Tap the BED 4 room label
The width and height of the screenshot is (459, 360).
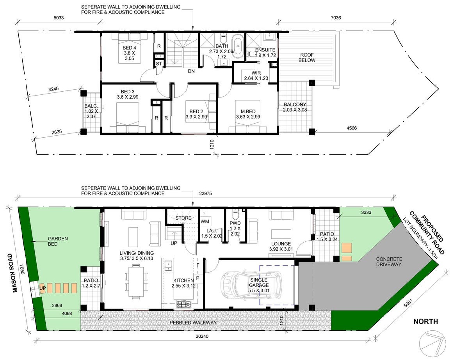pyautogui.click(x=129, y=48)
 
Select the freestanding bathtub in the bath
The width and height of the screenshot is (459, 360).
pyautogui.click(x=238, y=46)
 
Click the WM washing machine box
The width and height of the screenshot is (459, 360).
pyautogui.click(x=205, y=222)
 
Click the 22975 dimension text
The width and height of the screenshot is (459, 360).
pyautogui.click(x=205, y=193)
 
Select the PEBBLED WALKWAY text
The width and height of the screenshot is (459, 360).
pyautogui.click(x=193, y=323)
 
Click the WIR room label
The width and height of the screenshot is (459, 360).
pyautogui.click(x=256, y=73)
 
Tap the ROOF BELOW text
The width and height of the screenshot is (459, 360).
pyautogui.click(x=307, y=58)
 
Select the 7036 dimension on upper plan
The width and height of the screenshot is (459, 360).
pyautogui.click(x=336, y=18)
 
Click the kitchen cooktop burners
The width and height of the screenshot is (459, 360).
pyautogui.click(x=183, y=305)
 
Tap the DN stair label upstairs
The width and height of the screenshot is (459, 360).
pyautogui.click(x=191, y=71)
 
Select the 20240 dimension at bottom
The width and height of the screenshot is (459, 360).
pyautogui.click(x=202, y=336)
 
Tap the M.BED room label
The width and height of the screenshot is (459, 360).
pyautogui.click(x=248, y=112)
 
